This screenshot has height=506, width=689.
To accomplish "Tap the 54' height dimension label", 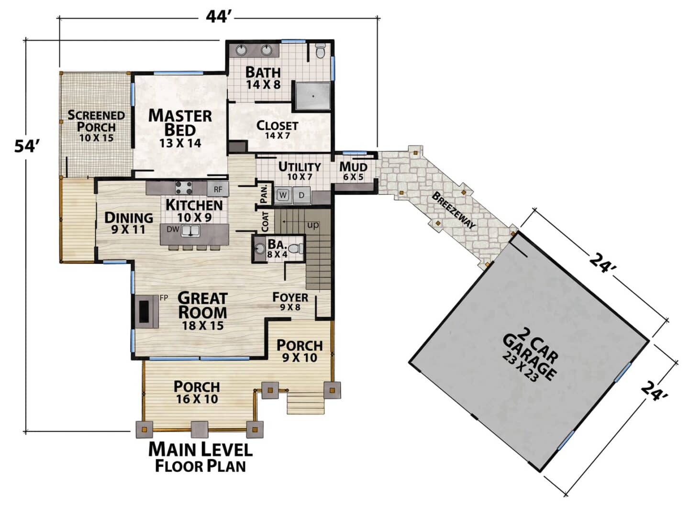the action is click(x=27, y=146).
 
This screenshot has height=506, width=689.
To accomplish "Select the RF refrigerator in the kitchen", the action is click(x=218, y=189).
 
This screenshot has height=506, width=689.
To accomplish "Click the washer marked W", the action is click(x=283, y=195).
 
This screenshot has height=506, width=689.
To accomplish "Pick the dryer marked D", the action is click(x=301, y=195).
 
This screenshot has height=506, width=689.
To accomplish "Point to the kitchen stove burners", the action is click(x=184, y=188).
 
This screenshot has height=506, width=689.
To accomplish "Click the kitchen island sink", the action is click(x=190, y=230).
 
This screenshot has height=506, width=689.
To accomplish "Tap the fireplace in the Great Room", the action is click(x=146, y=312).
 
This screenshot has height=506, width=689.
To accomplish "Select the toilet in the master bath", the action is click(x=320, y=51).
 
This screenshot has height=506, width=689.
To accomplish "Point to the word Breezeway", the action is click(x=454, y=210).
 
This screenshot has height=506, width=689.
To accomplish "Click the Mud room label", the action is click(x=353, y=167).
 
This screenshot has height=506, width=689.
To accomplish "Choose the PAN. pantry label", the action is click(x=264, y=194).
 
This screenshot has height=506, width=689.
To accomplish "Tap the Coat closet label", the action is click(x=265, y=221).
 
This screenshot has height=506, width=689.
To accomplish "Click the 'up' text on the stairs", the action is click(x=313, y=225).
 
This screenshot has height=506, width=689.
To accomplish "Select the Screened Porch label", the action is click(x=96, y=121).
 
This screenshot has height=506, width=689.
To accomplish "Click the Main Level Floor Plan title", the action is click(x=200, y=457).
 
